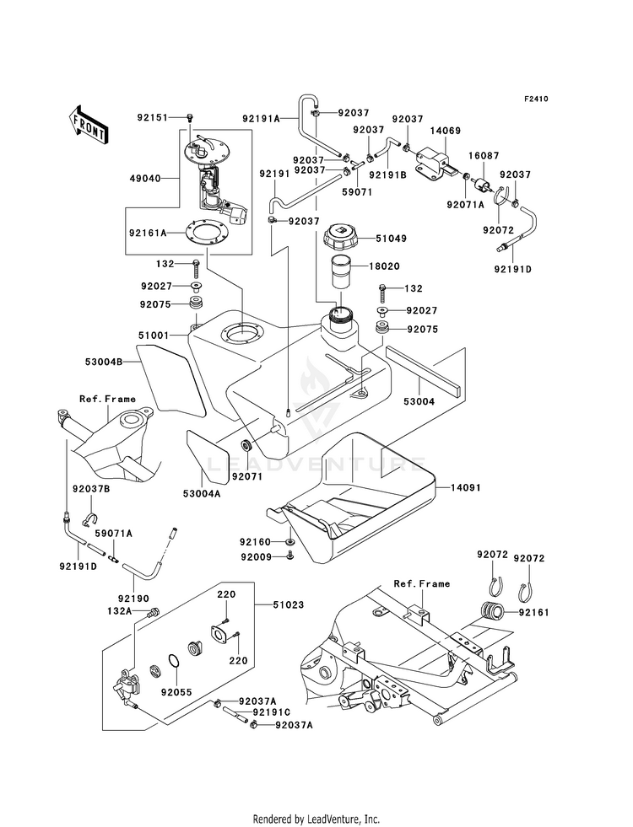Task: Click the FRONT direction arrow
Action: pyautogui.click(x=88, y=124)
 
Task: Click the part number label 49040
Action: pyautogui.click(x=145, y=179)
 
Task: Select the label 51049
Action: pyautogui.click(x=392, y=239)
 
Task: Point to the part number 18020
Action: pyautogui.click(x=384, y=266)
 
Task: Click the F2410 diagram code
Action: pyautogui.click(x=536, y=99)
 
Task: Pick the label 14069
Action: pyautogui.click(x=445, y=131)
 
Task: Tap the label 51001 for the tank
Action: pyautogui.click(x=154, y=335)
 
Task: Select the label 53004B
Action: pyautogui.click(x=104, y=362)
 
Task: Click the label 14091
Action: pyautogui.click(x=466, y=488)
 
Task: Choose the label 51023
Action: pyautogui.click(x=289, y=605)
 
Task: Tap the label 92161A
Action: pyautogui.click(x=148, y=232)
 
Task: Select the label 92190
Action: pyautogui.click(x=133, y=599)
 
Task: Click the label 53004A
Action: pyautogui.click(x=202, y=494)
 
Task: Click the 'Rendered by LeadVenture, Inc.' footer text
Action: pyautogui.click(x=316, y=819)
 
